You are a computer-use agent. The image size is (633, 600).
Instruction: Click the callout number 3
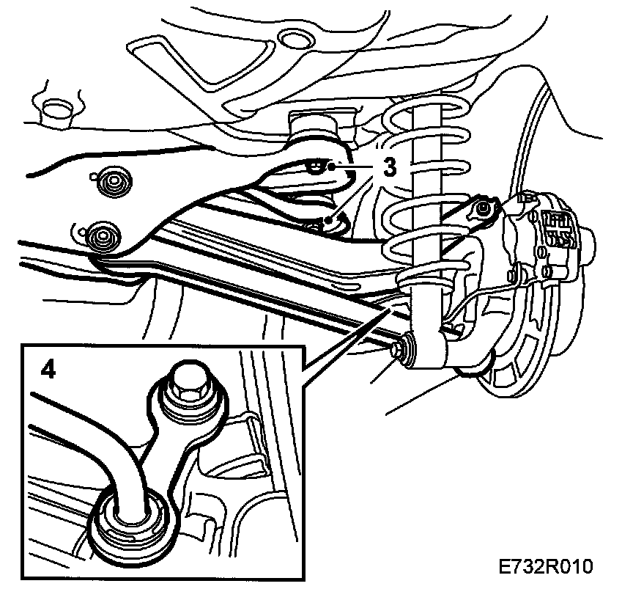tap(389, 167)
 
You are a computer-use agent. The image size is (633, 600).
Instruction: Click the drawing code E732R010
tap(544, 567)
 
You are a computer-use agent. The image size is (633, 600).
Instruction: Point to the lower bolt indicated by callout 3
tap(331, 219)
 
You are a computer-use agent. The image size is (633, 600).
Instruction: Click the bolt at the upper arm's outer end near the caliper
tap(481, 208)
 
